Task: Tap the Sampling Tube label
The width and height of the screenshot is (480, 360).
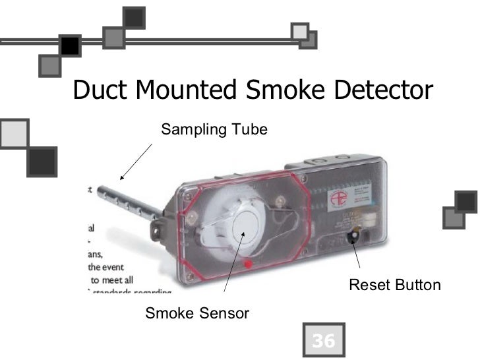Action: coord(214,129)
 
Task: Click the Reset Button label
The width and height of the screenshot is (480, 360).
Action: coord(394,285)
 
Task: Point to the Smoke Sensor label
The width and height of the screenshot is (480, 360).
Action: coord(197,313)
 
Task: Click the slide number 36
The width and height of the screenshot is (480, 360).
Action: coord(323,341)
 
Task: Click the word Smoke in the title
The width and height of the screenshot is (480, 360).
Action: coord(282,90)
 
